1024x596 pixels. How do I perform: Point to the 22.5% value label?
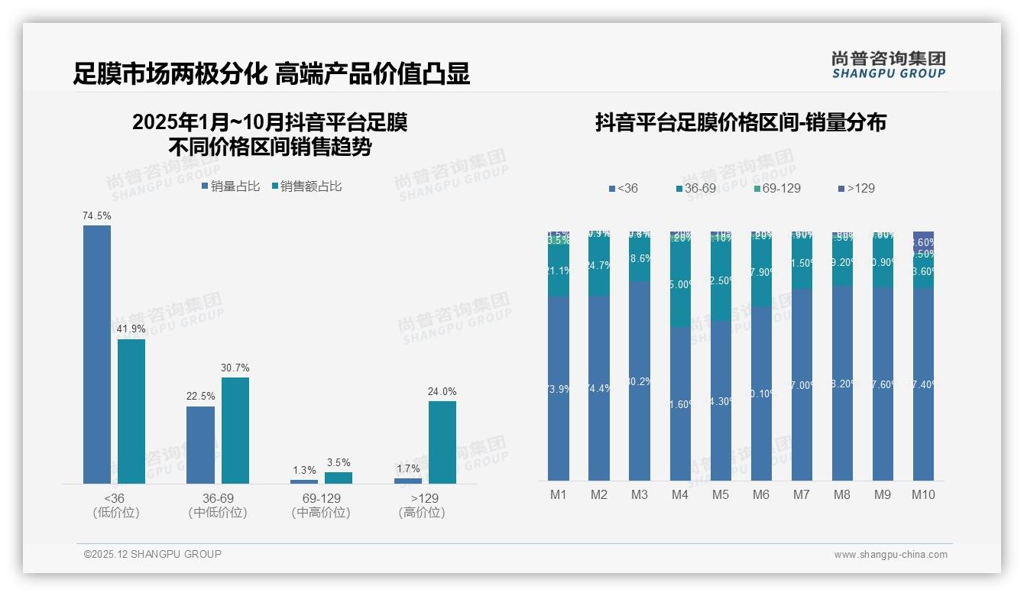click(201, 397)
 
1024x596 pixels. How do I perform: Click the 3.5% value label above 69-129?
click(338, 462)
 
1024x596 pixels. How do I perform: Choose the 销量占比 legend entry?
click(231, 186)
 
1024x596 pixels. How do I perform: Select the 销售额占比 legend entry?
click(306, 186)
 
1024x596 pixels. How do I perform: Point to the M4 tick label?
click(680, 494)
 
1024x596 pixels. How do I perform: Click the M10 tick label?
click(923, 494)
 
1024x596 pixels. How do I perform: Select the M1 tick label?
click(559, 494)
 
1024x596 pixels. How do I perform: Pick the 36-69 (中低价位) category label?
click(218, 505)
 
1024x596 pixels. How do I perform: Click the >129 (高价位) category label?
click(421, 505)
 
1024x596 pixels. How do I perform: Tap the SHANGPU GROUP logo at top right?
click(889, 65)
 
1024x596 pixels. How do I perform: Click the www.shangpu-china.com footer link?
click(890, 555)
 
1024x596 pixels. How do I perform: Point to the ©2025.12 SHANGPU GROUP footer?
click(153, 554)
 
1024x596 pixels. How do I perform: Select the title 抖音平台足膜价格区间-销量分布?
click(740, 122)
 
